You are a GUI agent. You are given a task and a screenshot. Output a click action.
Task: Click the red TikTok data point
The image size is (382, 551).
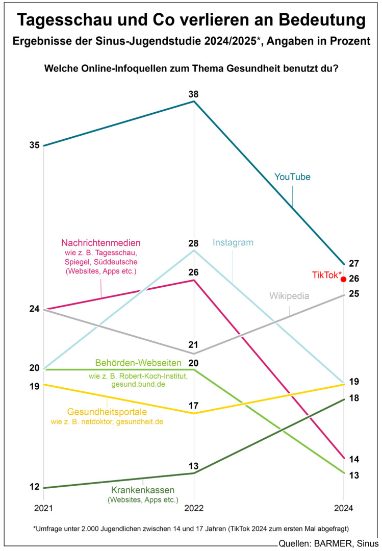(344, 279)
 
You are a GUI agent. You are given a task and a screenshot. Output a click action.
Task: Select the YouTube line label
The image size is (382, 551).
(292, 177)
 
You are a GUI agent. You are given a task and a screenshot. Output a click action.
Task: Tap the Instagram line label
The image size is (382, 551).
(233, 243)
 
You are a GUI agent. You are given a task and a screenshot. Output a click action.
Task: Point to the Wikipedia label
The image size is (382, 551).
(289, 296)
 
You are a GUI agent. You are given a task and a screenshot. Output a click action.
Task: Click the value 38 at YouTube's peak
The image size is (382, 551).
(194, 94)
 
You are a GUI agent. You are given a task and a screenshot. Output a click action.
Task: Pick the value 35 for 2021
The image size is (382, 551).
(34, 145)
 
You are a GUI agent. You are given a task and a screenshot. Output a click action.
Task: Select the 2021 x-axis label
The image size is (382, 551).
(43, 509)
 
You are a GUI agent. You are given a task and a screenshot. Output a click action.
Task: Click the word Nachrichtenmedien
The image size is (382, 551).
(101, 242)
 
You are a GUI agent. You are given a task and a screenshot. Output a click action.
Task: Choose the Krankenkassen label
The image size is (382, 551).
(143, 490)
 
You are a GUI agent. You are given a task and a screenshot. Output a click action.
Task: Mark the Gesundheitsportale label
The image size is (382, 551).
(107, 412)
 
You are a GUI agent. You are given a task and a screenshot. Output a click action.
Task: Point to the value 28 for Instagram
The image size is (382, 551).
(194, 243)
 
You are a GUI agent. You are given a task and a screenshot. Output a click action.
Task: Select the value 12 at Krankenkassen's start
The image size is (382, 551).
(34, 487)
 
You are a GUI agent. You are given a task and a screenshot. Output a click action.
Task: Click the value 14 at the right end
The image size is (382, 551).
(354, 459)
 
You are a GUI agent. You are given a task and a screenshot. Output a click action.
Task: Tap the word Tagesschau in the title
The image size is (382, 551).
(68, 21)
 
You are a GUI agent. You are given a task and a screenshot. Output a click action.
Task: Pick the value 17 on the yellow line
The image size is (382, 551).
(194, 406)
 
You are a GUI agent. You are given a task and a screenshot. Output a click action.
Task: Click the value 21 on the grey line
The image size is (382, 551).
(194, 345)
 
